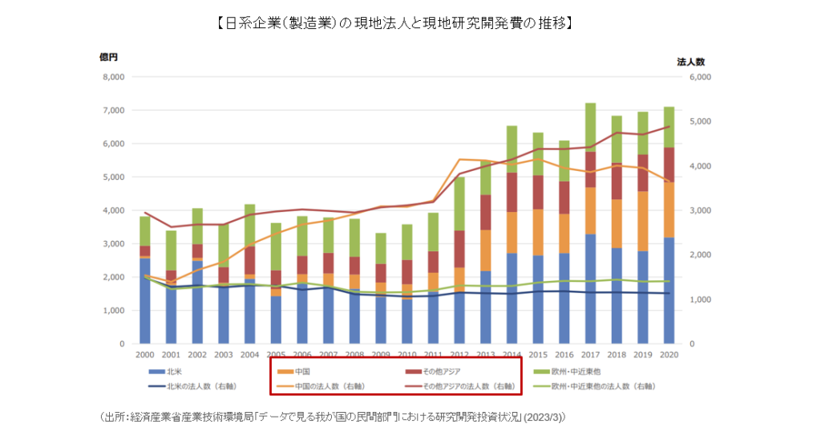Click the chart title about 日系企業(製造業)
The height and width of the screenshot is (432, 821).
point(393,23)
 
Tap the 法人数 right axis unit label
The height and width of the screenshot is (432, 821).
point(690,61)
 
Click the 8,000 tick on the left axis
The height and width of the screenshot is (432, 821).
point(113,77)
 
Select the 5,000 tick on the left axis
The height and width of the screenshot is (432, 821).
point(113,177)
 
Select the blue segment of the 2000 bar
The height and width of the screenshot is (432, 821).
point(144,301)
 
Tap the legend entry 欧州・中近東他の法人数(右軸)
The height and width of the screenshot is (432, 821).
point(593,386)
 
